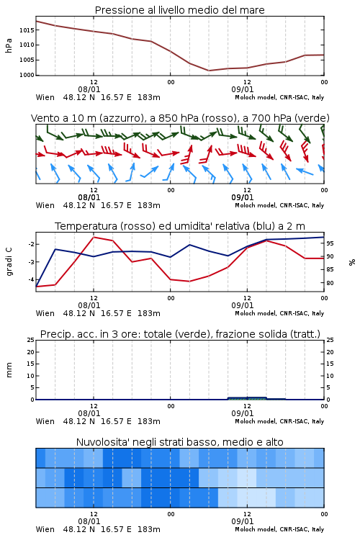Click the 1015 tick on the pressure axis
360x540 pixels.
pos(27,30)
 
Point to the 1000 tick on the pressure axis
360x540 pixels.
pos(27,75)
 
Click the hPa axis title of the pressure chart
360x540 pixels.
pos(9,45)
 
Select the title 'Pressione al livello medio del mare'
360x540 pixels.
pos(180,10)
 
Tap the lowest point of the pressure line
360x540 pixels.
pos(208,71)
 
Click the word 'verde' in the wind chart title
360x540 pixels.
pos(311,118)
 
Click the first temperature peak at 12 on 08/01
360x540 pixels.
pos(94,238)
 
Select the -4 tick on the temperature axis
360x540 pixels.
pos(31,279)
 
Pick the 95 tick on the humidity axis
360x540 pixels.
pos(330,243)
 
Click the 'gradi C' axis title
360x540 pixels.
pos(9,261)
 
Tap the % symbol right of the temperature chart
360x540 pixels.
pos(352,262)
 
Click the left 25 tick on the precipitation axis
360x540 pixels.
pos(31,340)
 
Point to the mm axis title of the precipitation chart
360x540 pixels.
pos(9,370)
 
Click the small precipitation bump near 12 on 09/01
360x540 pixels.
pos(247,398)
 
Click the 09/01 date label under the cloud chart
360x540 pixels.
pos(243,521)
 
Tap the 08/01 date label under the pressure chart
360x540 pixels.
pos(89,89)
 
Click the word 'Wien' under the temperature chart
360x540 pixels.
pos(45,313)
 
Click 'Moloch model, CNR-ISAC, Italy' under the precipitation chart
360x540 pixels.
pos(279,421)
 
